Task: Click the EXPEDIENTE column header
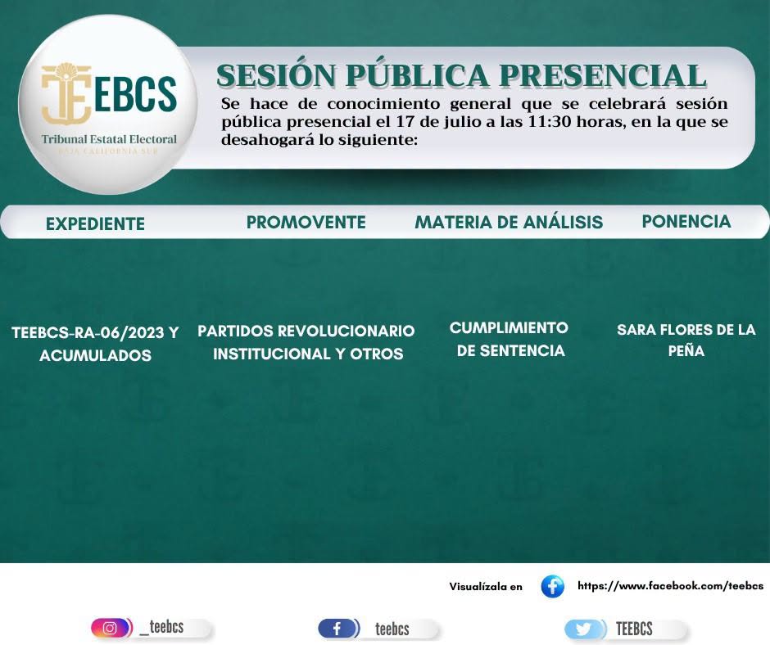tap(95, 223)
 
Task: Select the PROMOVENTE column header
tap(306, 223)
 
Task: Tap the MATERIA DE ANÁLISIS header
tap(509, 223)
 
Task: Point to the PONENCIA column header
tap(686, 221)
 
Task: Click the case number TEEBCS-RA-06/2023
tap(88, 333)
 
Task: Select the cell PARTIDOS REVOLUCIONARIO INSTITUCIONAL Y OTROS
tap(306, 342)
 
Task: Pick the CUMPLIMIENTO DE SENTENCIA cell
tap(510, 339)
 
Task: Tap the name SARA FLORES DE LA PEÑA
tap(686, 340)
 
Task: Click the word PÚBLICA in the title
tap(418, 75)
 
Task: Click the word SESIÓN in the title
tap(276, 75)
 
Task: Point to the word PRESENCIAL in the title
tap(603, 75)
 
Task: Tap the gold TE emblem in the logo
tap(66, 93)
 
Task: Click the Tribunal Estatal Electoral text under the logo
tap(109, 139)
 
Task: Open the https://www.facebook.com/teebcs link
tap(670, 585)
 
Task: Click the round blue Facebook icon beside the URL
tap(552, 587)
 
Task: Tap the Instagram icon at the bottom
tap(110, 628)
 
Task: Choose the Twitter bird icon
tap(583, 629)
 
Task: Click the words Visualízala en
tap(486, 587)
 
